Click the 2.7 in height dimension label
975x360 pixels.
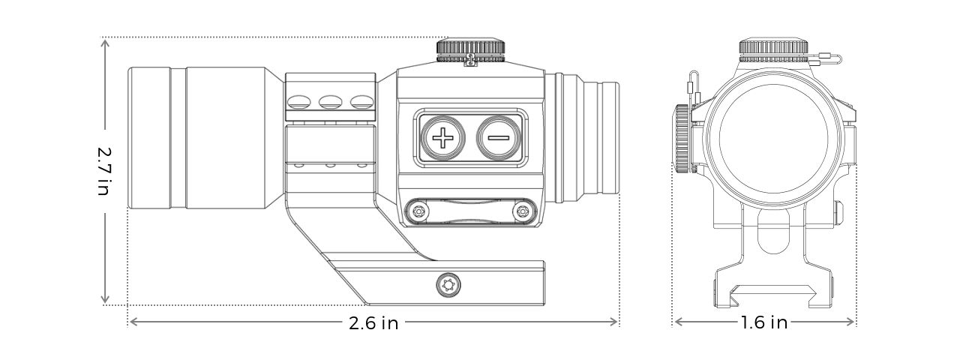(104, 172)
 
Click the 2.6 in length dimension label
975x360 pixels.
(373, 323)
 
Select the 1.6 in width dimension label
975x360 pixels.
(764, 322)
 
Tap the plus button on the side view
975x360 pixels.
(442, 138)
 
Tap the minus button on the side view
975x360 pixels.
(499, 138)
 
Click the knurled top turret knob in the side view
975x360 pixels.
(470, 50)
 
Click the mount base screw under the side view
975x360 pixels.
(448, 286)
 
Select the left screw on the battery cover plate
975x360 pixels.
(419, 212)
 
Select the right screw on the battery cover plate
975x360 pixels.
(522, 212)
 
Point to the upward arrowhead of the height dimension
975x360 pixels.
(104, 43)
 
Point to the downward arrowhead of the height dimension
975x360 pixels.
(104, 299)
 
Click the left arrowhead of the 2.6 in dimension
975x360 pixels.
(134, 322)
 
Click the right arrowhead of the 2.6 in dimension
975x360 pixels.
(613, 322)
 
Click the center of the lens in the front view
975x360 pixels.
(773, 139)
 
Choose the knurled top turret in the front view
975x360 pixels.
(773, 50)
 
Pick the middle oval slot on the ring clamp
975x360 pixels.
(329, 102)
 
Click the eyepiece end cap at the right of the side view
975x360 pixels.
(608, 139)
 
